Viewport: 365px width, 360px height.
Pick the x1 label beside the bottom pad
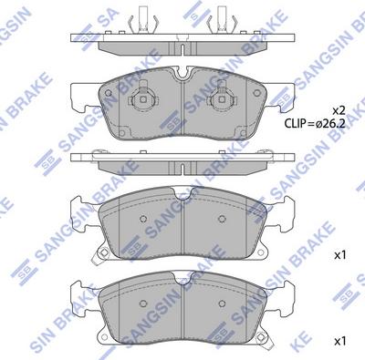click(x=340, y=341)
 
